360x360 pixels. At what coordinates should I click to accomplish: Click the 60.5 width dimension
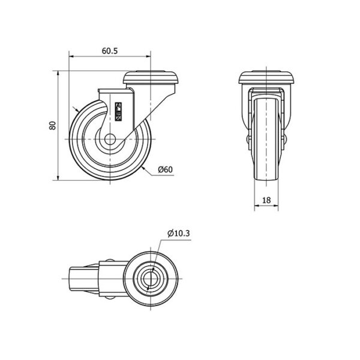pyautogui.click(x=110, y=51)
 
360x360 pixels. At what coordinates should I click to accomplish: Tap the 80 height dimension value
pyautogui.click(x=53, y=125)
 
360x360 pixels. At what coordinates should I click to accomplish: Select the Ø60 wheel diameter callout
pyautogui.click(x=166, y=169)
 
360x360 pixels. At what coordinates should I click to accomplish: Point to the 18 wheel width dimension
pyautogui.click(x=266, y=200)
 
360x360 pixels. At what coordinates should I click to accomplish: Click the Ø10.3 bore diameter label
pyautogui.click(x=179, y=233)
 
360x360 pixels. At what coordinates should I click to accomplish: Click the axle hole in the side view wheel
pyautogui.click(x=110, y=139)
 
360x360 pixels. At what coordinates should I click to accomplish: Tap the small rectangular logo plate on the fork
pyautogui.click(x=118, y=112)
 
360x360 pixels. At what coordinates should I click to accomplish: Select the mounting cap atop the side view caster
pyautogui.click(x=151, y=77)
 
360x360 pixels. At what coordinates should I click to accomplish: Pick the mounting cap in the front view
pyautogui.click(x=266, y=77)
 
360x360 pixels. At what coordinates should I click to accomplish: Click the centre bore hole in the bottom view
pyautogui.click(x=151, y=279)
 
